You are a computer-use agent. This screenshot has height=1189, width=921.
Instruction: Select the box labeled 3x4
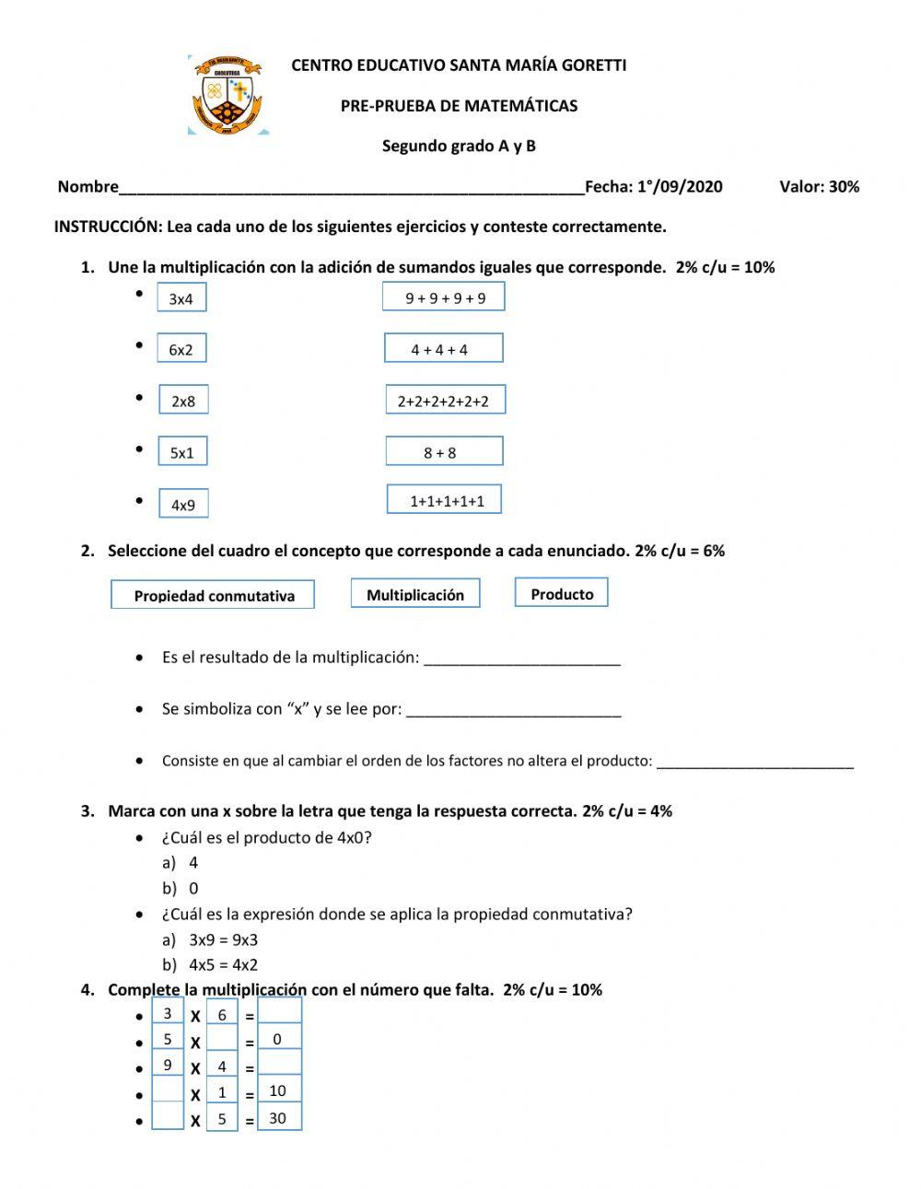181,298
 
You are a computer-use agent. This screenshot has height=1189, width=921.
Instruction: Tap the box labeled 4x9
183,504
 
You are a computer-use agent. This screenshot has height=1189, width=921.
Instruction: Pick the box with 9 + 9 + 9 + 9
444,297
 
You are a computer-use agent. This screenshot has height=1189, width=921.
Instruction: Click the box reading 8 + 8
444,452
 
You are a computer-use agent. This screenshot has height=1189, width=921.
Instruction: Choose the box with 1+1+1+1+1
445,500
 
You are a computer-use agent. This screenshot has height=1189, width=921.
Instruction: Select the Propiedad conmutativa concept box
213,595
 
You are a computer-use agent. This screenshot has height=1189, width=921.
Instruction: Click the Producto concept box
561,593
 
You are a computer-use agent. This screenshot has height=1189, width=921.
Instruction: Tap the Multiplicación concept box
414,594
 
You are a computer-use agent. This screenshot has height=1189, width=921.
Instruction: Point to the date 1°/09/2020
680,187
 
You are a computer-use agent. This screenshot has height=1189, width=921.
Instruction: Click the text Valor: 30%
819,187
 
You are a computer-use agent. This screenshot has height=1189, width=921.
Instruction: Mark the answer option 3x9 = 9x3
223,940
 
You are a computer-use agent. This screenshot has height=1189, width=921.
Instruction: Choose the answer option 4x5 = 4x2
223,965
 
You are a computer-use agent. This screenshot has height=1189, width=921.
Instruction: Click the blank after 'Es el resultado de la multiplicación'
521,658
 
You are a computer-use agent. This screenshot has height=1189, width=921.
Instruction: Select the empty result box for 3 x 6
279,1012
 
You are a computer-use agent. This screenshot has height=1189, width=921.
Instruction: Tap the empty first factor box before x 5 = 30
168,1117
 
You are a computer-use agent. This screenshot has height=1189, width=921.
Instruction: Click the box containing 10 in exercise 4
279,1091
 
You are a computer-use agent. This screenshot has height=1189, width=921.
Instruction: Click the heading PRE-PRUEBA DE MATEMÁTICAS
459,106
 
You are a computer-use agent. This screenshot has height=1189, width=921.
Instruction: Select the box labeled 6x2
181,349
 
